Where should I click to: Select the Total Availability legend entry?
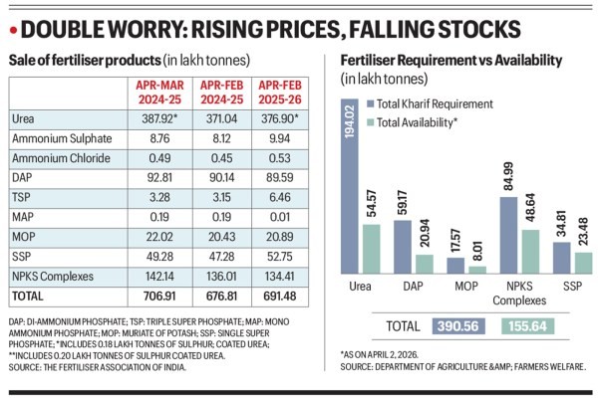click(423, 122)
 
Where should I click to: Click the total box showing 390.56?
click(459, 324)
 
